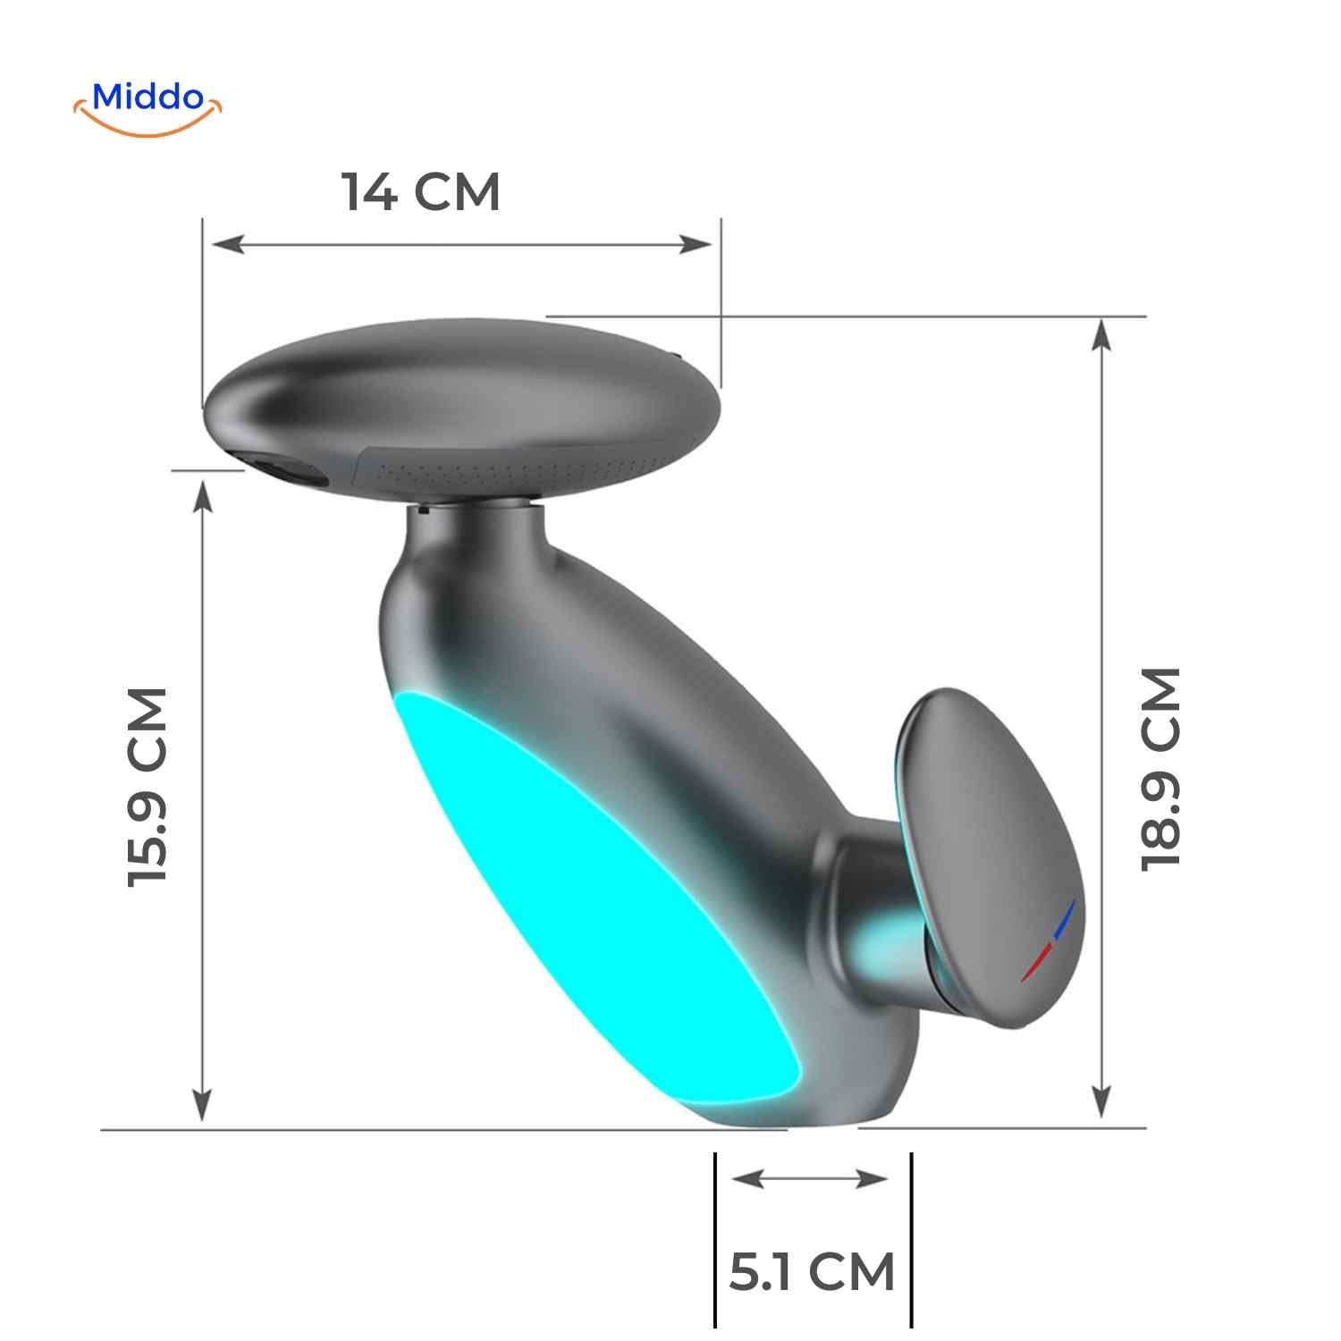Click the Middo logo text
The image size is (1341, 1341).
[148, 97]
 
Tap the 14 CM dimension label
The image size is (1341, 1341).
[421, 192]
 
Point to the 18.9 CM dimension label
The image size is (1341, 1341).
[1161, 768]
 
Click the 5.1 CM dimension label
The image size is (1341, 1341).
[812, 1272]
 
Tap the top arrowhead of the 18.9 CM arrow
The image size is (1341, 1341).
[1102, 334]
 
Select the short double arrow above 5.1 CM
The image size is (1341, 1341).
[810, 1179]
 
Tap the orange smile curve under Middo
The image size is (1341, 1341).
[148, 125]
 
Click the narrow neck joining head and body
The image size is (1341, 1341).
[478, 527]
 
